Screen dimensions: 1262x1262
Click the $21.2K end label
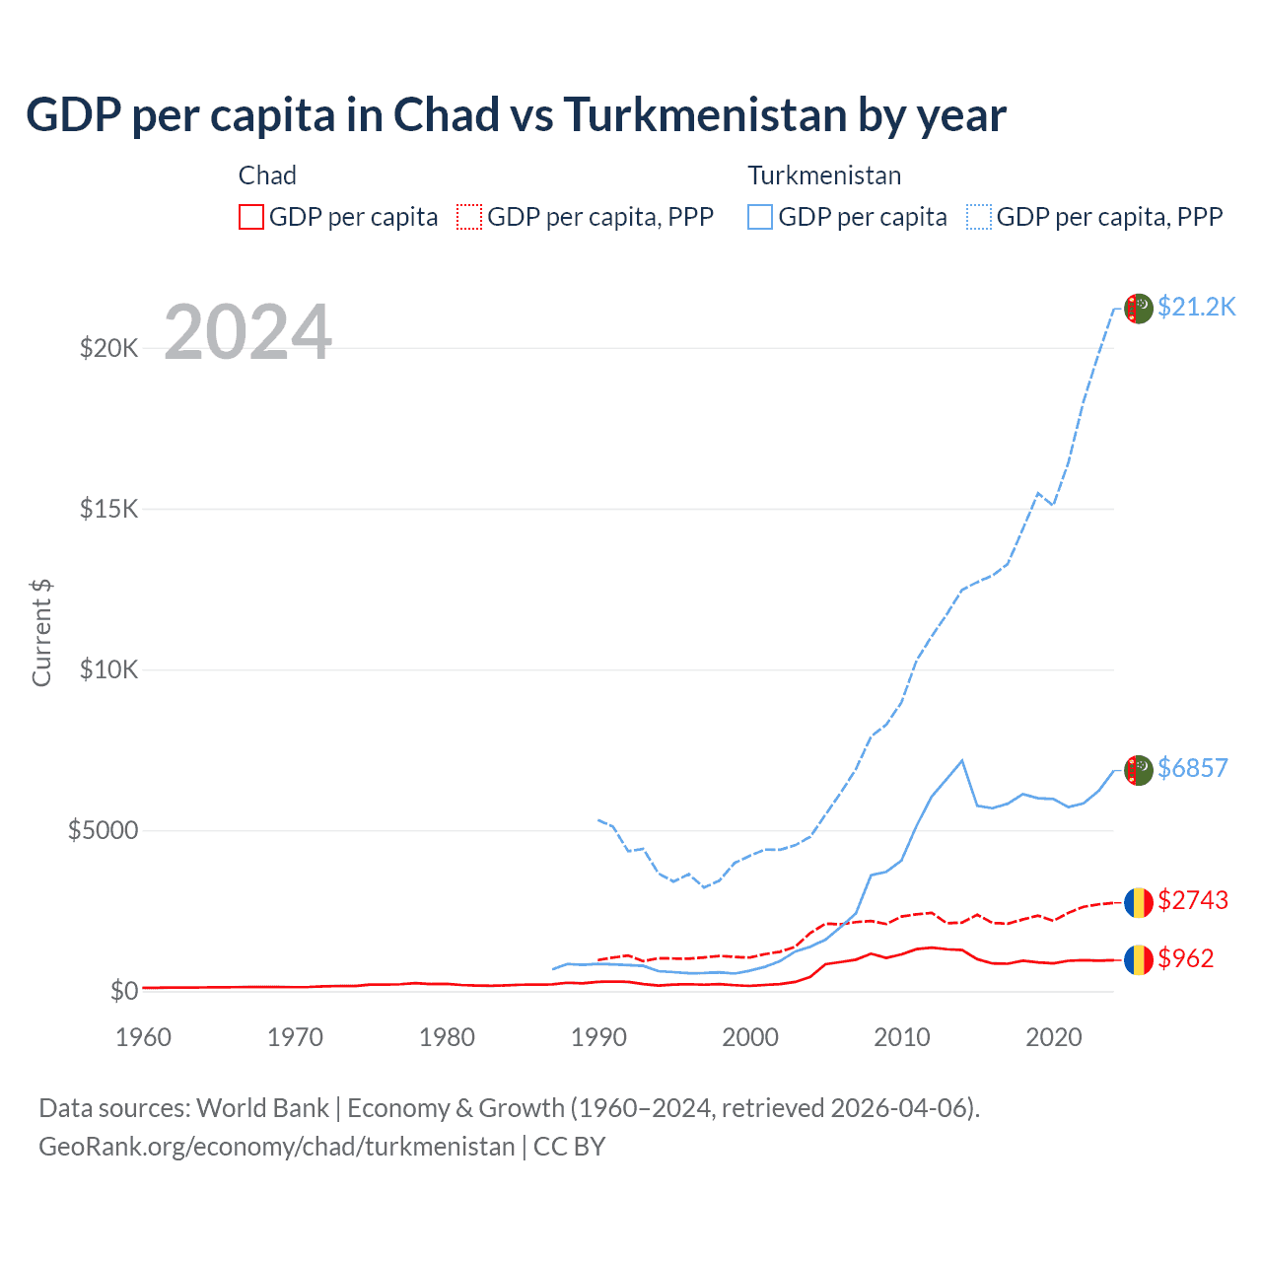1196,307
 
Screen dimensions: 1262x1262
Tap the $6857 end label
1192,768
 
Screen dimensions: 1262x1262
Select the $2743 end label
1192,900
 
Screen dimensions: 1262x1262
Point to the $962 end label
1185,958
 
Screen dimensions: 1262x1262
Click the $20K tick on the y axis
109,348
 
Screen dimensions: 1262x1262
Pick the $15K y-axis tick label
109,509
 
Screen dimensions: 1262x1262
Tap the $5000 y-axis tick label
103,830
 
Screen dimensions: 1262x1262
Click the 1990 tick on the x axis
598,1037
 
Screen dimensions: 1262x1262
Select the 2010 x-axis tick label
902,1037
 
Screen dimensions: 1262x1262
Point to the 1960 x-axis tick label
144,1037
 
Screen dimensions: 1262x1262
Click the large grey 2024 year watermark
247,332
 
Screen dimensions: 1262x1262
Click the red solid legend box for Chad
251,217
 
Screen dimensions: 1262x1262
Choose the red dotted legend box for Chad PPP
469,217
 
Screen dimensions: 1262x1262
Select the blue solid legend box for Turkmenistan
760,217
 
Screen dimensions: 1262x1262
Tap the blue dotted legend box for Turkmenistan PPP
979,217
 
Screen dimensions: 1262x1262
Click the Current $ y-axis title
41,633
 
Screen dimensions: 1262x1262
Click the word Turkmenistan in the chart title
705,115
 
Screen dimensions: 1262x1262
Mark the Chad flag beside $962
1139,959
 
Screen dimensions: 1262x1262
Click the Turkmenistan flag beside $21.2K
1139,309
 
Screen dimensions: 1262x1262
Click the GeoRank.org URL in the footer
277,1147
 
